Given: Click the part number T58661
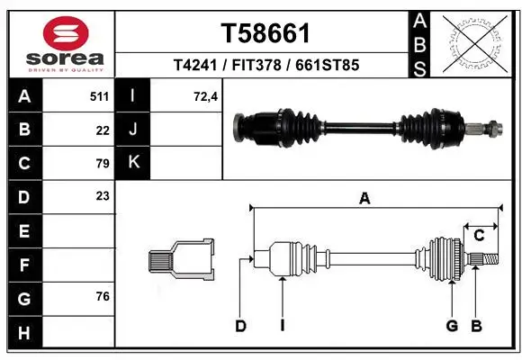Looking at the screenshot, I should point(265,34).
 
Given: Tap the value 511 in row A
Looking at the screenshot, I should point(99,95).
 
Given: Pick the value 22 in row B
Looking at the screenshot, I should point(103,130).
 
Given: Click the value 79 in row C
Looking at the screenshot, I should point(103,163).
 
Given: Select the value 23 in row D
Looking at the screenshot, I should point(103,195).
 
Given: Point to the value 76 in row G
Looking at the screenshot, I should point(103,296).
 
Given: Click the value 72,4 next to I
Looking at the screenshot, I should point(207,95).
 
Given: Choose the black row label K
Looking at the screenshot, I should point(134,163).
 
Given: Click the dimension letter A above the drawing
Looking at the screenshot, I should point(364,200).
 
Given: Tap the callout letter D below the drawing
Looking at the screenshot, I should point(240,326).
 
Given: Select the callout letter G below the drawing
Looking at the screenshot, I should point(452,326).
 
